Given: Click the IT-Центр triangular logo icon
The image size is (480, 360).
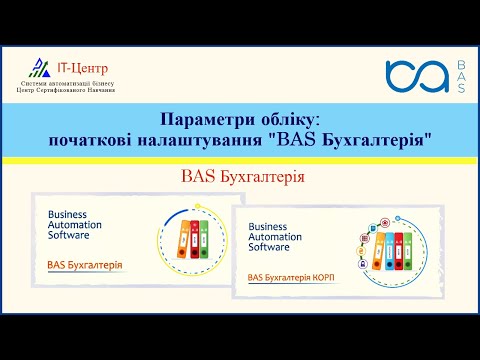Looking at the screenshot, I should (38, 68).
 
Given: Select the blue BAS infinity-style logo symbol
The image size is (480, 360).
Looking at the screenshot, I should (417, 76).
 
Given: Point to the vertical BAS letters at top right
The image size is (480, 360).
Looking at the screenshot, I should (459, 76).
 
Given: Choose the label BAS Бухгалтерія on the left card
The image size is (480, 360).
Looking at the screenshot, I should (85, 265).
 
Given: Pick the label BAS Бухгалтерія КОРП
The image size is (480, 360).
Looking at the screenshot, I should (290, 276).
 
